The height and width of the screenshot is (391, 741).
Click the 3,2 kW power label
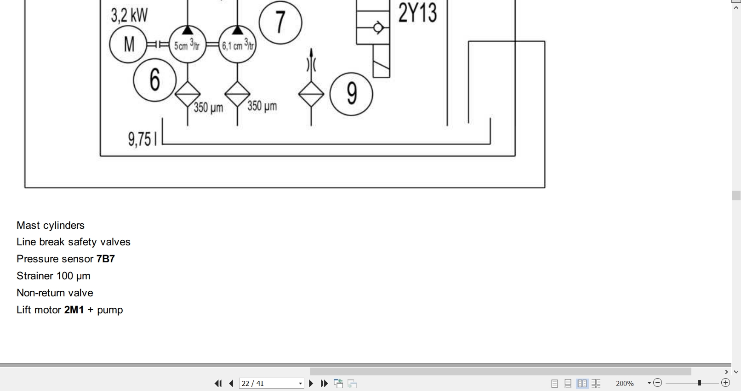[129, 15]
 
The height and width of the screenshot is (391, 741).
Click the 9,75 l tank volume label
[142, 139]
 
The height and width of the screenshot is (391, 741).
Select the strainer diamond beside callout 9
[311, 94]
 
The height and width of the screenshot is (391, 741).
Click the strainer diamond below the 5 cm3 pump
[188, 94]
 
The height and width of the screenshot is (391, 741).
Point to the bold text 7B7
[106, 259]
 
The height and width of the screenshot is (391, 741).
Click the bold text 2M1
[74, 310]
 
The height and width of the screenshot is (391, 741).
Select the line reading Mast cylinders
[51, 226]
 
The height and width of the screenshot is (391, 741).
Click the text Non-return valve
[55, 293]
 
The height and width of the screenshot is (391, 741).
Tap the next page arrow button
[311, 383]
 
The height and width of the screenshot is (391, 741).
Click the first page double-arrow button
[218, 383]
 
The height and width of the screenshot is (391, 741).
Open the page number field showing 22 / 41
[271, 383]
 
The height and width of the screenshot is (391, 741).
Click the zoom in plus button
[725, 383]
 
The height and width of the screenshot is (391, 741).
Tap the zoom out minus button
[658, 383]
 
